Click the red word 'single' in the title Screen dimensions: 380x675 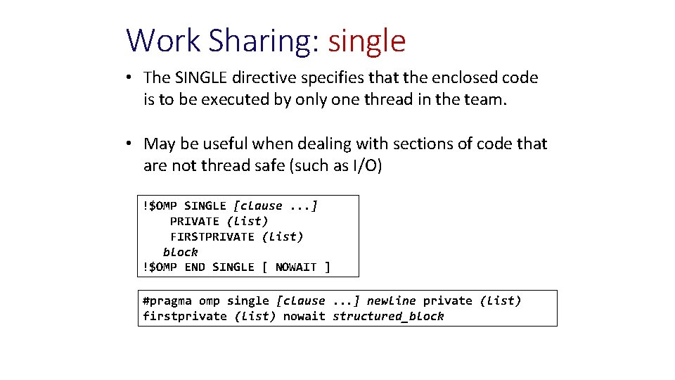[x=367, y=41]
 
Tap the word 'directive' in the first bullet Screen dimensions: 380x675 [x=266, y=77]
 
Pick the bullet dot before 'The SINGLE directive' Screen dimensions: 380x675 [x=131, y=77]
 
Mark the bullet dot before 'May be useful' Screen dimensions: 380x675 [x=131, y=144]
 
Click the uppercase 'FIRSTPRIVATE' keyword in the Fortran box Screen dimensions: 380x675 [x=212, y=236]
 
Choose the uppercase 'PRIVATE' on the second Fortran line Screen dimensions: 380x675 [x=195, y=221]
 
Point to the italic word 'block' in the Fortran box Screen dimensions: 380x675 [x=181, y=252]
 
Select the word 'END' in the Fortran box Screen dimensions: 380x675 [x=195, y=267]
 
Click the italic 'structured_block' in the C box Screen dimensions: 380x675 [x=388, y=317]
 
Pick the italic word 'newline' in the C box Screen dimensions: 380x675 [x=391, y=301]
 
